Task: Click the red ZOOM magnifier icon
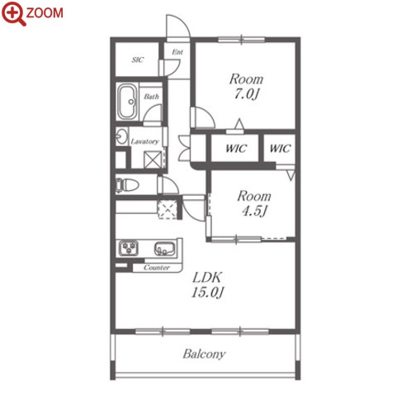coord(14,13)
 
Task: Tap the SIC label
coord(138,59)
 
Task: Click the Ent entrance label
coord(177,52)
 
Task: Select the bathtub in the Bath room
coord(127,102)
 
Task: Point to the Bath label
coord(151,97)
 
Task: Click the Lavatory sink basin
coord(121,136)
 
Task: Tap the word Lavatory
coord(144,141)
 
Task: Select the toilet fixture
coord(127,185)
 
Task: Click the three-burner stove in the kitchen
coord(129,247)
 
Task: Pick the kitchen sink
coord(164,248)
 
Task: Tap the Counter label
coord(157,268)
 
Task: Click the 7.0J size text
coord(247,94)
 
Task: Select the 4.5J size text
coord(254,211)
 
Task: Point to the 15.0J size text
coord(207,292)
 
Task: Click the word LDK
coord(207,278)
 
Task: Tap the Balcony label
coord(204,354)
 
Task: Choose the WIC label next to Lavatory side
coord(236,149)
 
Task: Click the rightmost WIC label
coord(280,149)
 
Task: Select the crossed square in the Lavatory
coord(153,159)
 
